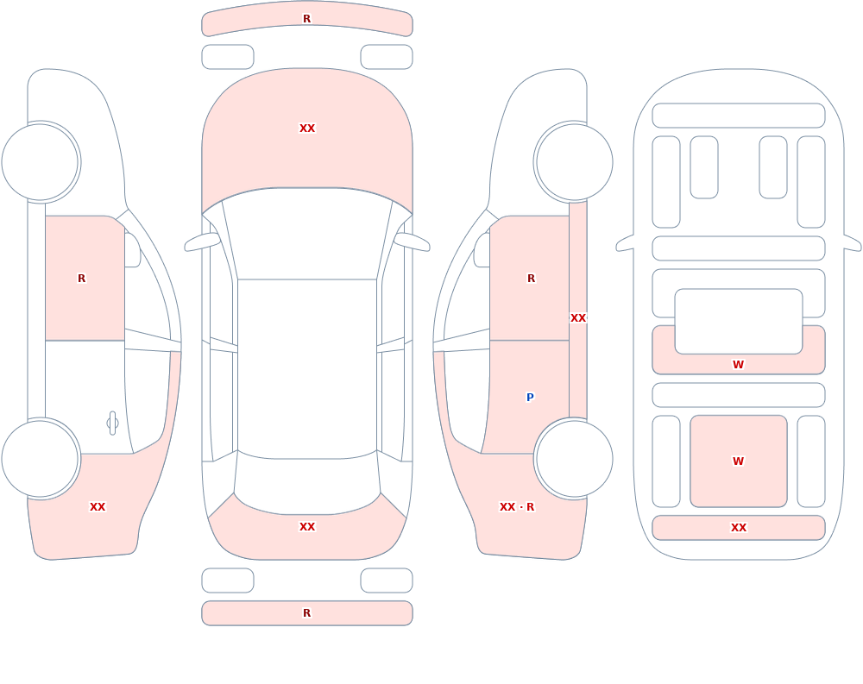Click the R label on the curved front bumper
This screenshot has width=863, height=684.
(306, 19)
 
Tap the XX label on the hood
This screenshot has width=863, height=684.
(307, 129)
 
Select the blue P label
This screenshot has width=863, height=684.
(530, 398)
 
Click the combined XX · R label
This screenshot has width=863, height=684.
(516, 507)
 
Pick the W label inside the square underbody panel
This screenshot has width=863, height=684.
(738, 461)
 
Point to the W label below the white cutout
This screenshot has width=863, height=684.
(738, 364)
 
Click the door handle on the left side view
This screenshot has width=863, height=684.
(112, 424)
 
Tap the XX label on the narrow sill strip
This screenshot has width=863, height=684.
(578, 318)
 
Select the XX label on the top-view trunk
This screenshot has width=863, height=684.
(307, 527)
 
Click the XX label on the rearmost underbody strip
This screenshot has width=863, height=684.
(738, 528)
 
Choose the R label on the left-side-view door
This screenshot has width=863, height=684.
(81, 279)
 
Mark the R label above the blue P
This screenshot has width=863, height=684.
(531, 279)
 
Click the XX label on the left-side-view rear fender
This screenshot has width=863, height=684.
(98, 507)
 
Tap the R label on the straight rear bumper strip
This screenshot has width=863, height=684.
(306, 613)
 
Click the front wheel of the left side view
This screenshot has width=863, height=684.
(41, 162)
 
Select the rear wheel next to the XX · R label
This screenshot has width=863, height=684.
(574, 458)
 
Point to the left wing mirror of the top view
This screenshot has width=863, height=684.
(202, 242)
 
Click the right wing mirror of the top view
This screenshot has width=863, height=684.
(412, 242)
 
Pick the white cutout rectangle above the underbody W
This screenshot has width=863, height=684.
(739, 322)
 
